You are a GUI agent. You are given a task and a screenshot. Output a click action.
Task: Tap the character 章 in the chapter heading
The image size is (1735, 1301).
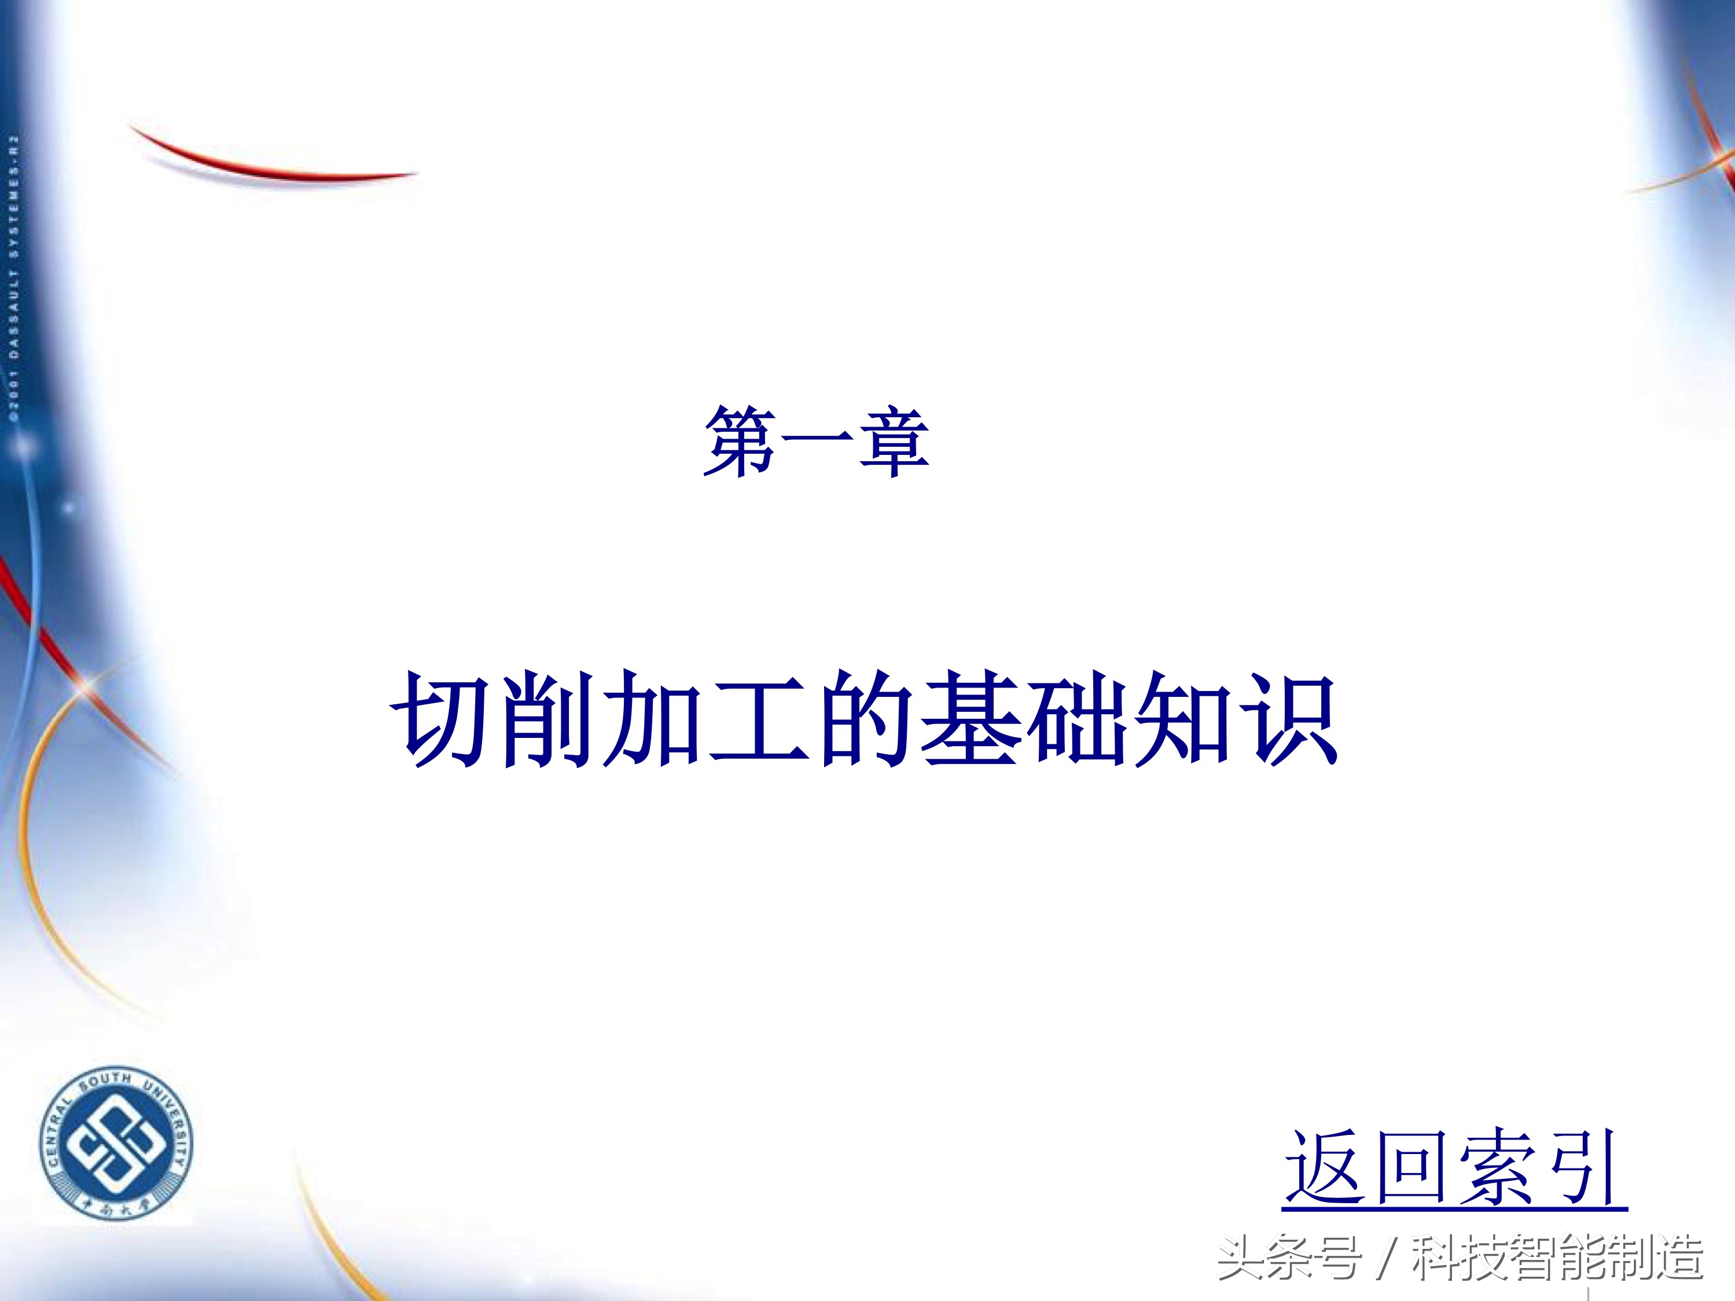click(x=894, y=442)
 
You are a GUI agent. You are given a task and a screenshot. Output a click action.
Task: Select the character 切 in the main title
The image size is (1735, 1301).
click(x=442, y=718)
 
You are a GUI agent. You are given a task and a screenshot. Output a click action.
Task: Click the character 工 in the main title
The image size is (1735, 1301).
click(x=759, y=718)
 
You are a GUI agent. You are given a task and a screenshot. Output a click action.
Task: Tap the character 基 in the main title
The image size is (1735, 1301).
click(x=971, y=718)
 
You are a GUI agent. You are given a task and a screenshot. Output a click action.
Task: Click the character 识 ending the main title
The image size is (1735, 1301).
click(x=1291, y=718)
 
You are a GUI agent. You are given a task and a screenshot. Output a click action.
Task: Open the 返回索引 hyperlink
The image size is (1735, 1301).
click(x=1454, y=1168)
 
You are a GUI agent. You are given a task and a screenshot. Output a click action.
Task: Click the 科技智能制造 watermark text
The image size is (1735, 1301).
click(x=1557, y=1259)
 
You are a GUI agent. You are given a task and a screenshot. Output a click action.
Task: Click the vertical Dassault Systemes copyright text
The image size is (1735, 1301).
click(x=14, y=278)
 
